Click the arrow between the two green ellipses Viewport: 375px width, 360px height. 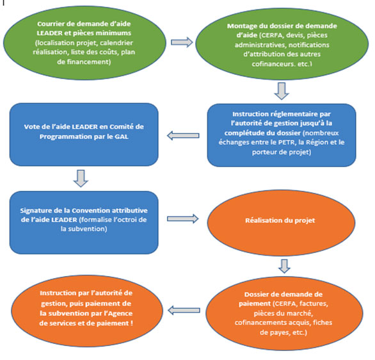point(182,42)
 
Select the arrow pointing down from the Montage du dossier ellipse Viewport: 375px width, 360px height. point(282,91)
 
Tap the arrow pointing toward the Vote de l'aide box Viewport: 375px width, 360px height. point(183,135)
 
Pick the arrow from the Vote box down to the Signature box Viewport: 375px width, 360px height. point(81,178)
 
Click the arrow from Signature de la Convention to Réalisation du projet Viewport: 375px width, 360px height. point(183,219)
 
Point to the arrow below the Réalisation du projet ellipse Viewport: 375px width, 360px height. point(284,266)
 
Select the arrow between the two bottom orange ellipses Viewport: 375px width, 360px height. point(184,311)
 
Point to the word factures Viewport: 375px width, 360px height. point(314,304)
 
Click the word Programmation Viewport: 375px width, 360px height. point(63,136)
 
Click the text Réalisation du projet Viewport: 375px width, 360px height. point(280,220)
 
